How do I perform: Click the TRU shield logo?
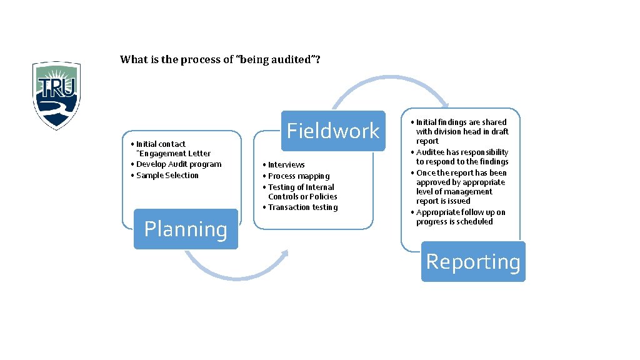[56, 95]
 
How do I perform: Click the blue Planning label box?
[186, 229]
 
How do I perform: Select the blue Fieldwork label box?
[332, 131]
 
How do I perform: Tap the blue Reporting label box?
[472, 261]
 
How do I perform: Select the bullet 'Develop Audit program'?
[179, 164]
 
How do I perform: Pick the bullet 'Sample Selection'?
[167, 175]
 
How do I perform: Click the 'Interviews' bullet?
[286, 165]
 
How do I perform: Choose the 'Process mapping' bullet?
[299, 176]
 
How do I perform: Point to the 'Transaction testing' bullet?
[302, 207]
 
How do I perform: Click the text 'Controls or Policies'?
[302, 197]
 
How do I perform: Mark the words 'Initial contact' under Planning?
[161, 144]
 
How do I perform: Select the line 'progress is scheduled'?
[454, 222]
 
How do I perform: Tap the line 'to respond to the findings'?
[462, 162]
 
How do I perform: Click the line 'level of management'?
[454, 192]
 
